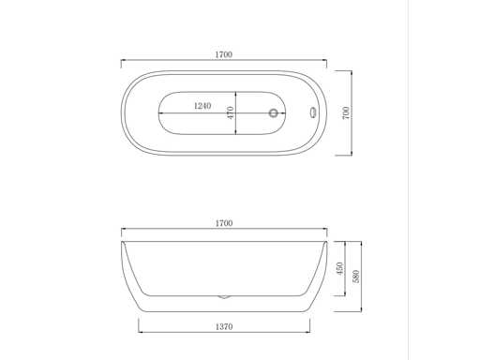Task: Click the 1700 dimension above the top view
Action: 224,54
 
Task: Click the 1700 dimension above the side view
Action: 224,223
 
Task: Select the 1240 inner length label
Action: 202,106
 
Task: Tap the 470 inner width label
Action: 231,112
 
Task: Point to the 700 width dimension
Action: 346,112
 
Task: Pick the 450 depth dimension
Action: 339,268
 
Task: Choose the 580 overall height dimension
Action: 356,277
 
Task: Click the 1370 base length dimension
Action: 224,327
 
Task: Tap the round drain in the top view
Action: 274,112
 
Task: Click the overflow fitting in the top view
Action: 313,112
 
